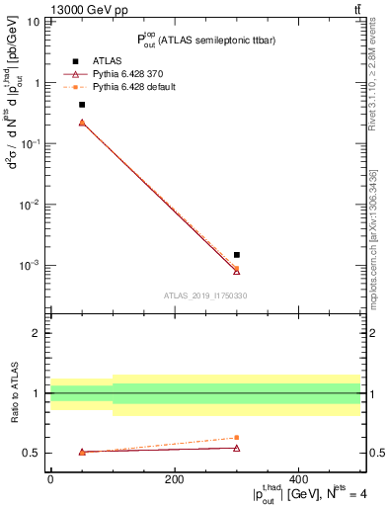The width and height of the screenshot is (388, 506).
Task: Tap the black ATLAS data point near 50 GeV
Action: [x=82, y=105]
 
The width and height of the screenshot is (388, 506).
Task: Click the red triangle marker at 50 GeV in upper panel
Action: [x=82, y=123]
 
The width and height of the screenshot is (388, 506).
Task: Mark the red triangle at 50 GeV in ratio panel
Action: [x=82, y=452]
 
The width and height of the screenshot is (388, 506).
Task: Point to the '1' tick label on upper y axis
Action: [x=39, y=83]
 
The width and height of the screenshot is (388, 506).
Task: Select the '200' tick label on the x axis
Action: [x=175, y=479]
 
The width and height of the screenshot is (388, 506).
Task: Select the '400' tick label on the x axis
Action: [x=298, y=479]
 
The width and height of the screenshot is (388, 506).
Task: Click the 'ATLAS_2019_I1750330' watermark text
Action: [x=204, y=295]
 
